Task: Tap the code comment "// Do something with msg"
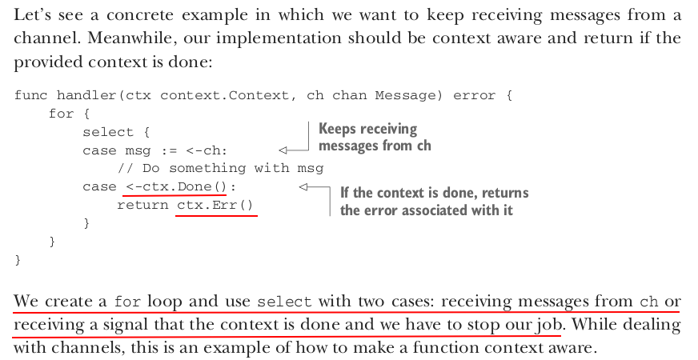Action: tap(220, 168)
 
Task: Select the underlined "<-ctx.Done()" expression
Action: tap(175, 186)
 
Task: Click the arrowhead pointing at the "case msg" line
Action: tap(282, 150)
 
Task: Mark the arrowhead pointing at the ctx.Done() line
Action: tap(303, 187)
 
